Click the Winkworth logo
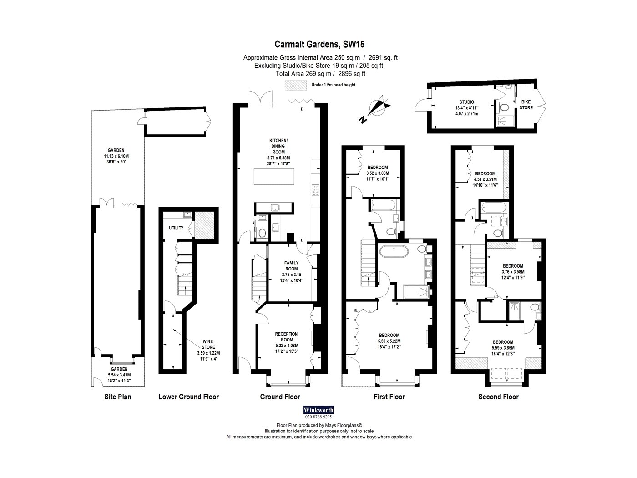[318, 410]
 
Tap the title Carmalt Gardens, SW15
[319, 44]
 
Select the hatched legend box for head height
[296, 85]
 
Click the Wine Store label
[208, 344]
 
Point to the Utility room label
[176, 228]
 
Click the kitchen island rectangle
[274, 177]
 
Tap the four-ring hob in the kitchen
[315, 190]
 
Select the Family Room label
[291, 265]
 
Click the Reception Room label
[287, 337]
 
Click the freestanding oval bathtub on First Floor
[394, 251]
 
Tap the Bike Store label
[526, 105]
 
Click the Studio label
[467, 102]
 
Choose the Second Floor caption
[498, 397]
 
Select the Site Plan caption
[118, 397]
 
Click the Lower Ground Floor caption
[189, 397]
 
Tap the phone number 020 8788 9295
[318, 417]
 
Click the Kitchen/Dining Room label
[278, 146]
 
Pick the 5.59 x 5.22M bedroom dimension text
[389, 341]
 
